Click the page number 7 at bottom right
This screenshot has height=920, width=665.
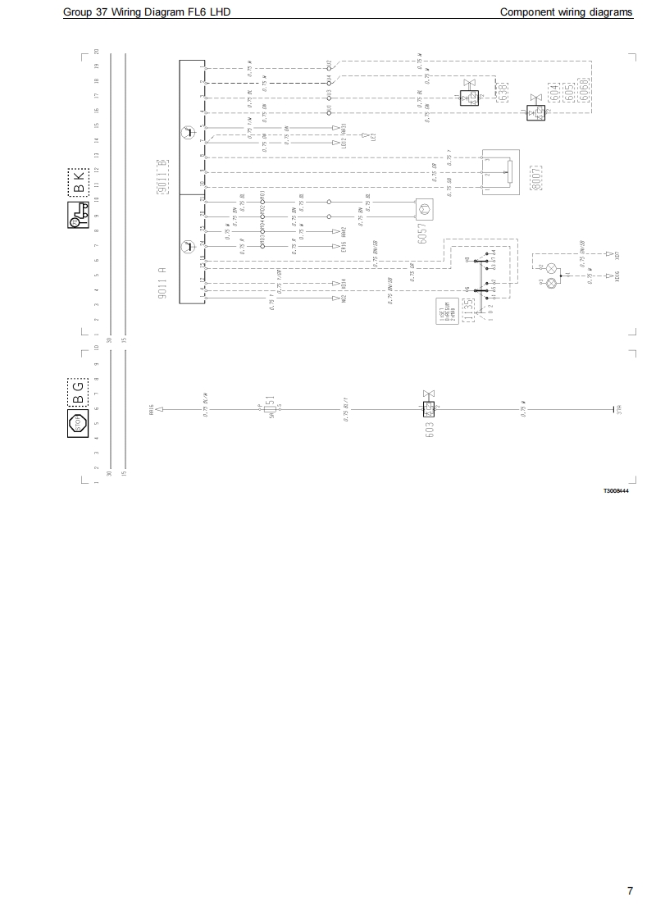click(630, 891)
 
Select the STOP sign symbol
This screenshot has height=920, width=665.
click(80, 423)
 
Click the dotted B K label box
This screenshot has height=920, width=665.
click(78, 183)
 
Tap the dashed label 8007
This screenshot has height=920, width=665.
click(538, 177)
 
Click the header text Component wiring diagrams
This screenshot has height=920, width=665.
click(566, 12)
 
